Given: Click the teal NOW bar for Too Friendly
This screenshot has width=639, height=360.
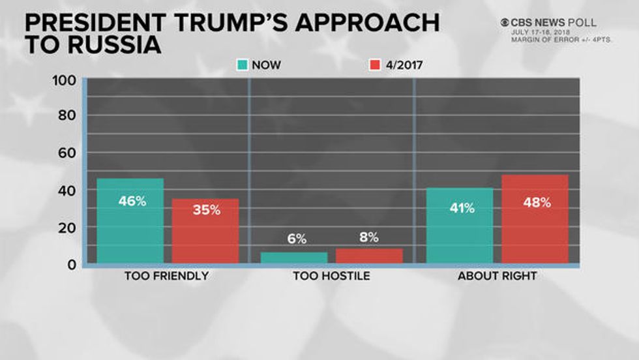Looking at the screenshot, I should [131, 221].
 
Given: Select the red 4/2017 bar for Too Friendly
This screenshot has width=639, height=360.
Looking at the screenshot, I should [205, 232].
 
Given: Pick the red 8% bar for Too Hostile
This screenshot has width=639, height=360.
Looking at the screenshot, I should [369, 256].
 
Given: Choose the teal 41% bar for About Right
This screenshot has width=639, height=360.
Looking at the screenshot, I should [460, 226].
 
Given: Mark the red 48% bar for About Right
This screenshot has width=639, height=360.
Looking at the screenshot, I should [535, 219].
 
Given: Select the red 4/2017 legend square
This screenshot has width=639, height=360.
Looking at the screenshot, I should [375, 65].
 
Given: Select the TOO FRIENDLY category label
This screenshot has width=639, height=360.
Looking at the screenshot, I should [166, 276].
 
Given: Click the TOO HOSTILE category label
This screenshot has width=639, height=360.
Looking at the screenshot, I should [331, 276].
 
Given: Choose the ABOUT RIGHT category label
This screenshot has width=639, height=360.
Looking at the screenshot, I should [497, 276].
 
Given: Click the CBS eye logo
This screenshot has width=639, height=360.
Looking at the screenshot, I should [505, 22].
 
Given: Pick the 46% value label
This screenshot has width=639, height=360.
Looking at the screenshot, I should [132, 201].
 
